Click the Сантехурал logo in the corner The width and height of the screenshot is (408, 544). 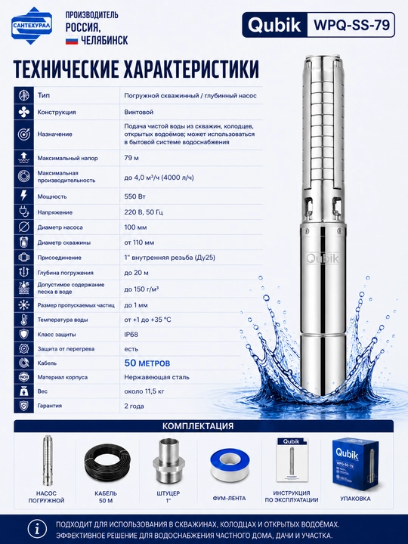click(32, 26)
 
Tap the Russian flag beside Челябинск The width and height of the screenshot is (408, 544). click(72, 41)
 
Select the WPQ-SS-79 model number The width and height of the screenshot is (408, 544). click(351, 25)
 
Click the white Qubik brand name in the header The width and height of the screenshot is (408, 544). click(274, 25)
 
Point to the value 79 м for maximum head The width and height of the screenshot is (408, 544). click(131, 158)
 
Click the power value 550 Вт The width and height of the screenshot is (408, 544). click(135, 196)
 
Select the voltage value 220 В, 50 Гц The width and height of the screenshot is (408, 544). click(144, 212)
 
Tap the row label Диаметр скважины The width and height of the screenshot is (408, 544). click(63, 243)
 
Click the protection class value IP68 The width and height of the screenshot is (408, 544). click(131, 335)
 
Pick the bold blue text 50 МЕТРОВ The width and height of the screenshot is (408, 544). click(147, 363)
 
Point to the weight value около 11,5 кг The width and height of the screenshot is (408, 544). click(144, 391)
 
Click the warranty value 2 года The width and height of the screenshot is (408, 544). click(134, 406)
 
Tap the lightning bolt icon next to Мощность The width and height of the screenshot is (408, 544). click(23, 196)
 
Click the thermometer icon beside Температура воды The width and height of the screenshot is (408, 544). click(23, 320)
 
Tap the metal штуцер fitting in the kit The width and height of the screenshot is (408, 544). click(169, 462)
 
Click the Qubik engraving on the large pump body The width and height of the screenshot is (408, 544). click(323, 258)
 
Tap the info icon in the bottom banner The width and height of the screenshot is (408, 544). click(37, 530)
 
